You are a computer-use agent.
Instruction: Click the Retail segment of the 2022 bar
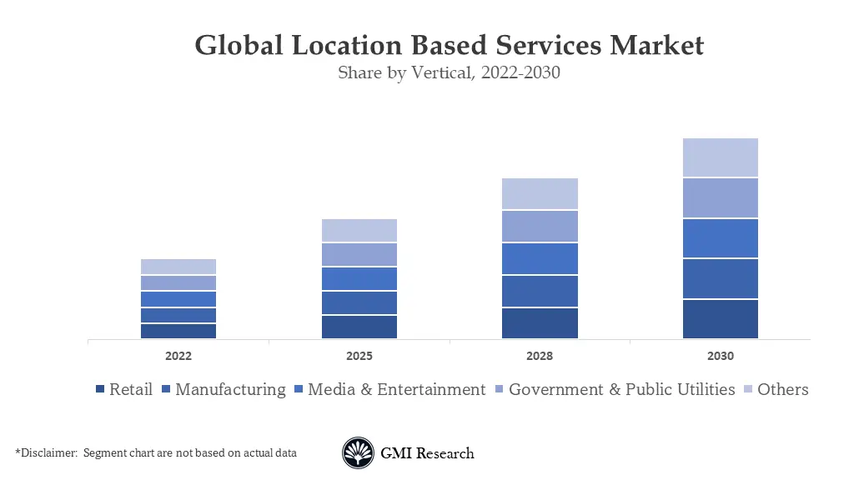click(x=178, y=331)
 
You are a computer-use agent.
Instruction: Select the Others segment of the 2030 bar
click(x=720, y=157)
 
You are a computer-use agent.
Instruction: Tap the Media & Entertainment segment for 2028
click(x=540, y=258)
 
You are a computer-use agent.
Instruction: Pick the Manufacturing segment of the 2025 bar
click(x=359, y=302)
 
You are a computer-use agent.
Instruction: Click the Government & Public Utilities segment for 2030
click(x=720, y=198)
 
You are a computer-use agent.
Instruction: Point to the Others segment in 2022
click(x=178, y=267)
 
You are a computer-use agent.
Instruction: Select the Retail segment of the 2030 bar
click(x=720, y=319)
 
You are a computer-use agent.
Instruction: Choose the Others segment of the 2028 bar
click(x=540, y=193)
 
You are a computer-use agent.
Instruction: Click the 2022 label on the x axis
click(x=178, y=356)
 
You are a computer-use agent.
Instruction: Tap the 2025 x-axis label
click(x=359, y=356)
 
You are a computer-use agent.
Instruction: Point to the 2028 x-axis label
click(x=540, y=356)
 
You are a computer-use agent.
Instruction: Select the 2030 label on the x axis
click(x=720, y=356)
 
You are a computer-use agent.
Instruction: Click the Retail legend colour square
click(x=101, y=390)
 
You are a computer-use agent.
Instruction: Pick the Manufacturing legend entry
click(x=229, y=389)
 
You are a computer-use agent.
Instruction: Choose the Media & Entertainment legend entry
click(x=395, y=389)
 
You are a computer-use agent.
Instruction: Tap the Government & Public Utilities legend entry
click(x=621, y=389)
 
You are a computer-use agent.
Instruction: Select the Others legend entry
click(x=782, y=389)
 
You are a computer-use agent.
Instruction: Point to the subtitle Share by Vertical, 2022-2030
click(x=449, y=72)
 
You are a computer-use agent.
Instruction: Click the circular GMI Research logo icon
click(x=358, y=453)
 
